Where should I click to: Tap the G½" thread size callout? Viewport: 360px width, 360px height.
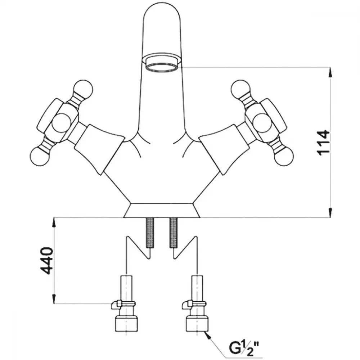coord(245,347)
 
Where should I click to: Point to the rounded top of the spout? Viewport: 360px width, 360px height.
coord(162,14)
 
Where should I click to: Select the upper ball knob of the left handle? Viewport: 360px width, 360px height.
coord(84,89)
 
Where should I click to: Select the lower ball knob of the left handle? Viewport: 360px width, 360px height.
coord(39,157)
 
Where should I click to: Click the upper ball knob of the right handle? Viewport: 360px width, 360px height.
coord(241,89)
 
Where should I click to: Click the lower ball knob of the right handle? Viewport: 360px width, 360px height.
coord(284,157)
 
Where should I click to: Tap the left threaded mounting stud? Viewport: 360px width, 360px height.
coord(149,232)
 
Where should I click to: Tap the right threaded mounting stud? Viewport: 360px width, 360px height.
coord(174,232)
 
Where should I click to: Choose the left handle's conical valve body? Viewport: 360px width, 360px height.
coord(99,149)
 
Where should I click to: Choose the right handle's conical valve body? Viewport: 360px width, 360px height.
coord(224,150)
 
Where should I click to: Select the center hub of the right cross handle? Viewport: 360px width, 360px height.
coord(261,121)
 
